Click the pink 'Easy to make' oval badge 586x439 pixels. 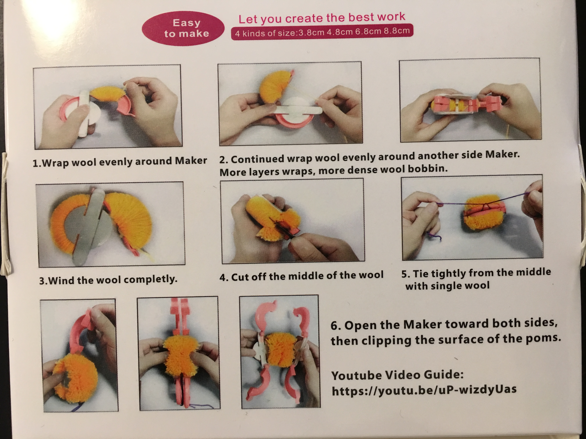click(x=183, y=28)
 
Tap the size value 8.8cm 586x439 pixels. click(x=397, y=31)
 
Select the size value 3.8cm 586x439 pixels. click(x=311, y=32)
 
